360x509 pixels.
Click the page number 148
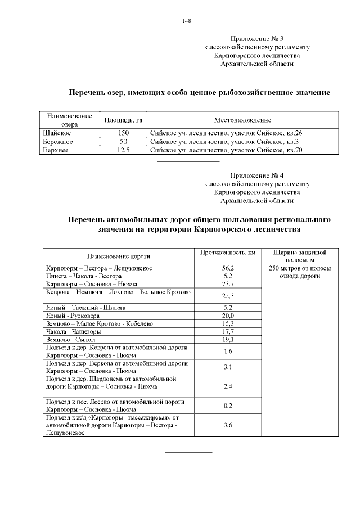tap(187, 21)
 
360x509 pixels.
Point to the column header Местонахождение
tap(242, 120)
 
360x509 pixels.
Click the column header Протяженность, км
tap(228, 253)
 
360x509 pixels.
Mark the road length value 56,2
tap(228, 269)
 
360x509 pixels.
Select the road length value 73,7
tap(228, 285)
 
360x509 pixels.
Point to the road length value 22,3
tap(228, 296)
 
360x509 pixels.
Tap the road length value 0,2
tap(228, 406)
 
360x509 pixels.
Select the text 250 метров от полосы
tap(300, 268)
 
